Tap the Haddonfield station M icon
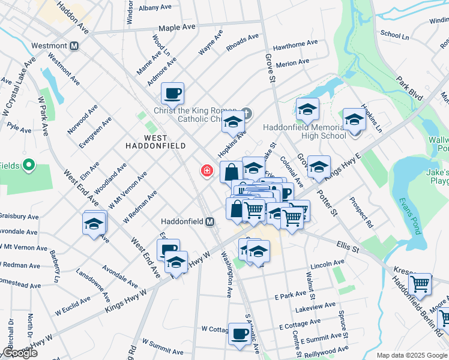tap(210, 222)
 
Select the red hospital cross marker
tap(207, 172)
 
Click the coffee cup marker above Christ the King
tap(172, 93)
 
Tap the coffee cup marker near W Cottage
tap(240, 333)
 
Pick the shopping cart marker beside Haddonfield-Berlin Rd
tap(420, 284)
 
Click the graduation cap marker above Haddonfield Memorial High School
tap(307, 109)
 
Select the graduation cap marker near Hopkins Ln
tap(354, 119)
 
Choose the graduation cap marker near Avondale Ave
tap(95, 223)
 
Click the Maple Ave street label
tap(176, 28)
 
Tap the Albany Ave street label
tap(155, 8)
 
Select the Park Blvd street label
tap(408, 85)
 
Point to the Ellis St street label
tap(347, 245)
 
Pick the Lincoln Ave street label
tap(327, 263)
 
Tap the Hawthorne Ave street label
tap(295, 44)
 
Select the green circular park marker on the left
tap(28, 165)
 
